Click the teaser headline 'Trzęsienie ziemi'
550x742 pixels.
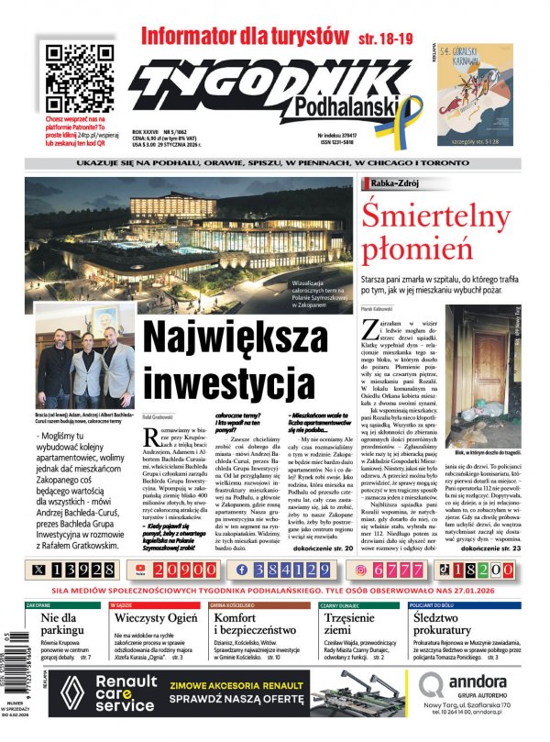coord(353,628)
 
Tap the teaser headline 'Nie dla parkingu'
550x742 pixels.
coord(63,628)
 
